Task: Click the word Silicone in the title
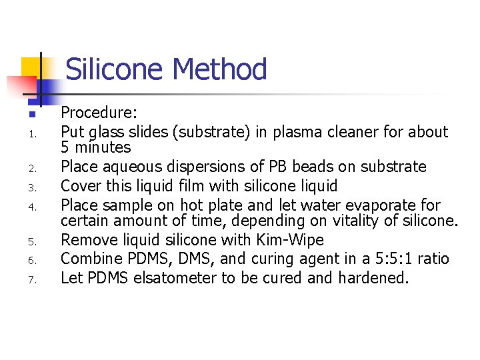115,69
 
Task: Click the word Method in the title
219,69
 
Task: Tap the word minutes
102,147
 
